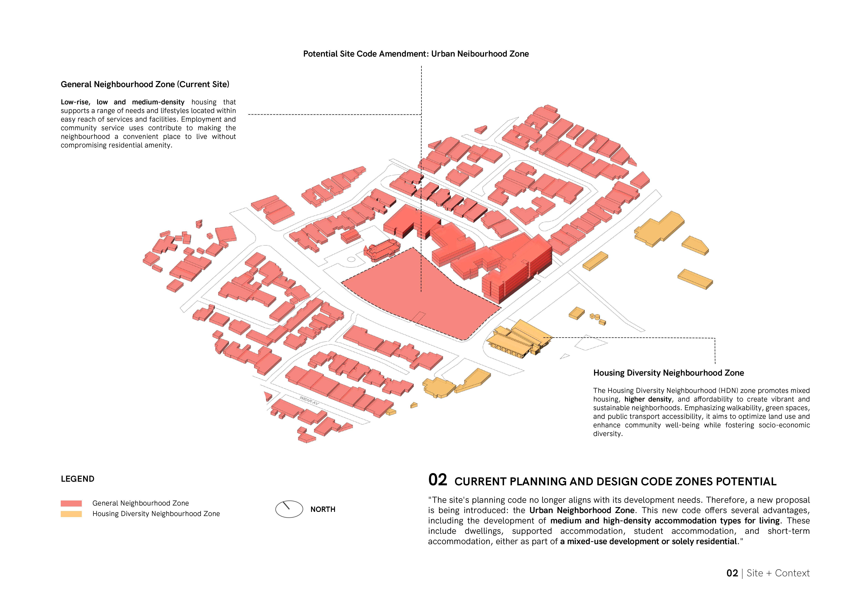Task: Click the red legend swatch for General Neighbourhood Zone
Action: point(71,503)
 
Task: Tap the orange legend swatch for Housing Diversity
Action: point(71,514)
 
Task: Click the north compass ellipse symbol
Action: point(289,509)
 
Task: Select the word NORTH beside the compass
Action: point(322,509)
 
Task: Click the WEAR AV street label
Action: point(309,401)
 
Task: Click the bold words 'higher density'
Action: point(648,399)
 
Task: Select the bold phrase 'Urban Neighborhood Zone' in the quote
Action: point(582,510)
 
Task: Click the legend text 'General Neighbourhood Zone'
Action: point(141,503)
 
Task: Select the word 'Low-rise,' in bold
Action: point(75,102)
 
